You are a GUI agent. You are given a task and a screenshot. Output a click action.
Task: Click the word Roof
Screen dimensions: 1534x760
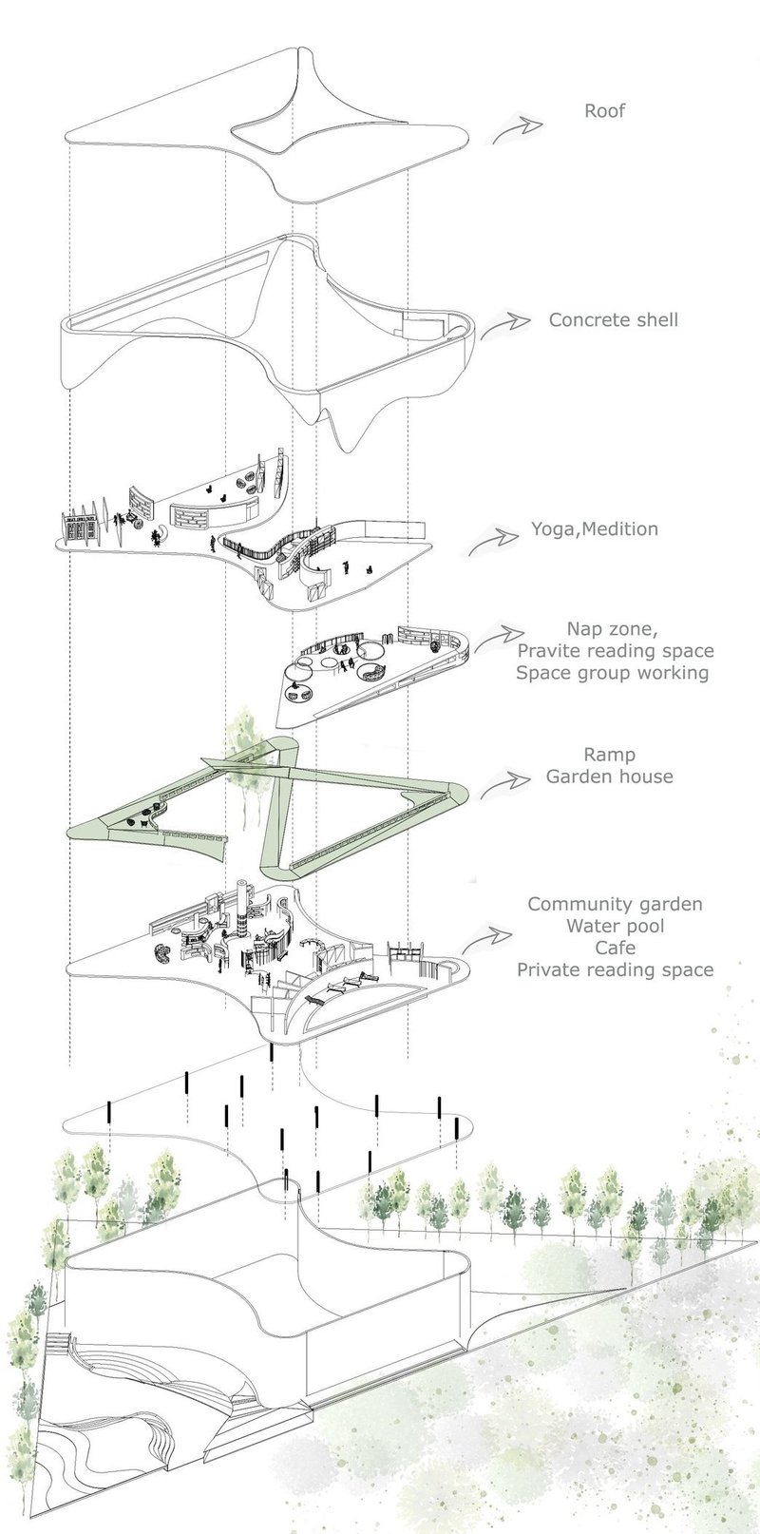tap(604, 111)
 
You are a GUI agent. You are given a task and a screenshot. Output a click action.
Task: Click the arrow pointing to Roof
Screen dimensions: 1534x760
tap(517, 130)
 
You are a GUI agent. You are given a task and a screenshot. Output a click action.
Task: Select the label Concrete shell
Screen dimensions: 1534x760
tap(614, 319)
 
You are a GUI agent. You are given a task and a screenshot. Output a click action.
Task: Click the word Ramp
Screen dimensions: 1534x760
tap(609, 754)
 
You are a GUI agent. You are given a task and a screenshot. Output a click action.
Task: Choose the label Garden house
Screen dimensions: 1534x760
tap(609, 776)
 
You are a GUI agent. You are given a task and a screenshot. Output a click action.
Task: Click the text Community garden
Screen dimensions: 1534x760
tap(615, 904)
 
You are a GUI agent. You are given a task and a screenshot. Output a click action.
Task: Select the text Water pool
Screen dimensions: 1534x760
tap(615, 926)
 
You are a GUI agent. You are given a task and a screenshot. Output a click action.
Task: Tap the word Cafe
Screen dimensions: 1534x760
tap(615, 948)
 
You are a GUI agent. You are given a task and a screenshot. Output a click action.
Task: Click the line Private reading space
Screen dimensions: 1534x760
tap(615, 969)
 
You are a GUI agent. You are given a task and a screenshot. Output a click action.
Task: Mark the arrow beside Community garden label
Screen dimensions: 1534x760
tap(488, 939)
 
